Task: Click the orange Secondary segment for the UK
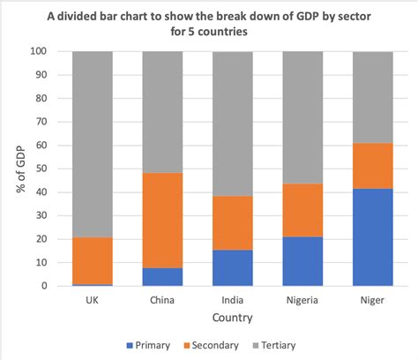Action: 92,260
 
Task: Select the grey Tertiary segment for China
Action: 162,112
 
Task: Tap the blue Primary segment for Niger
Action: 371,237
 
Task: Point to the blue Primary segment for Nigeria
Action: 302,261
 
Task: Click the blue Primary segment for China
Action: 162,277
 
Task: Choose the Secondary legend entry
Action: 216,346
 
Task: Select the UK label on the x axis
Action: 92,299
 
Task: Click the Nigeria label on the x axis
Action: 302,299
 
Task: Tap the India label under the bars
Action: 232,299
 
